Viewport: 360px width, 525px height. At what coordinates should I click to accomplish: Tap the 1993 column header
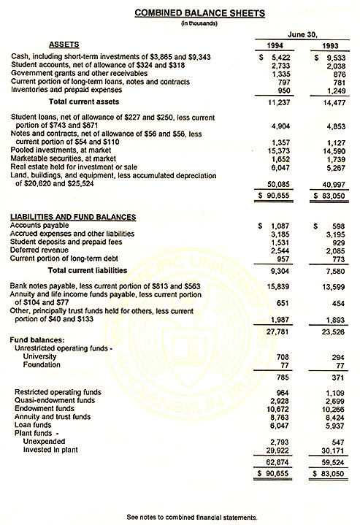[x=329, y=46]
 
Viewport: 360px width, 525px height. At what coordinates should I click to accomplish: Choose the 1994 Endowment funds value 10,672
[x=280, y=415]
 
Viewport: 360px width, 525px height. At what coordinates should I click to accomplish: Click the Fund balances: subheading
[x=35, y=339]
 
